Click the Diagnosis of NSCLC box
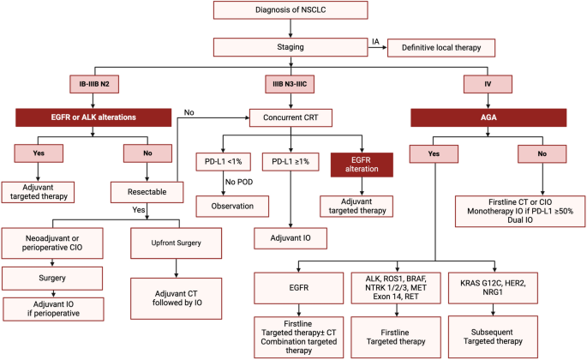coord(291,10)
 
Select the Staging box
coord(291,47)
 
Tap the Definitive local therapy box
coord(441,48)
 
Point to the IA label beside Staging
coord(375,42)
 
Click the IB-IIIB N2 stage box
coord(94,84)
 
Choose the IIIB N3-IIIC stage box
coord(290,84)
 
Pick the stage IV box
coord(488,84)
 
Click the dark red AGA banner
coord(488,117)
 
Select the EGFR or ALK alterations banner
coord(93,117)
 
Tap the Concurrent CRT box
coord(291,117)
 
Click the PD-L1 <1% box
coord(223,162)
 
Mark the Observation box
coord(232,206)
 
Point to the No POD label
coord(239,182)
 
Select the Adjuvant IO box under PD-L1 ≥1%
coord(291,238)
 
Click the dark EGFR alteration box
coord(362,165)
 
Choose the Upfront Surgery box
coord(176,243)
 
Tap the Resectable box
coord(147,192)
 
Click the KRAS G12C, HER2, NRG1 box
coord(493,288)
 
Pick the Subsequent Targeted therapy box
coord(493,337)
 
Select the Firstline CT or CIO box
coord(520,211)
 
